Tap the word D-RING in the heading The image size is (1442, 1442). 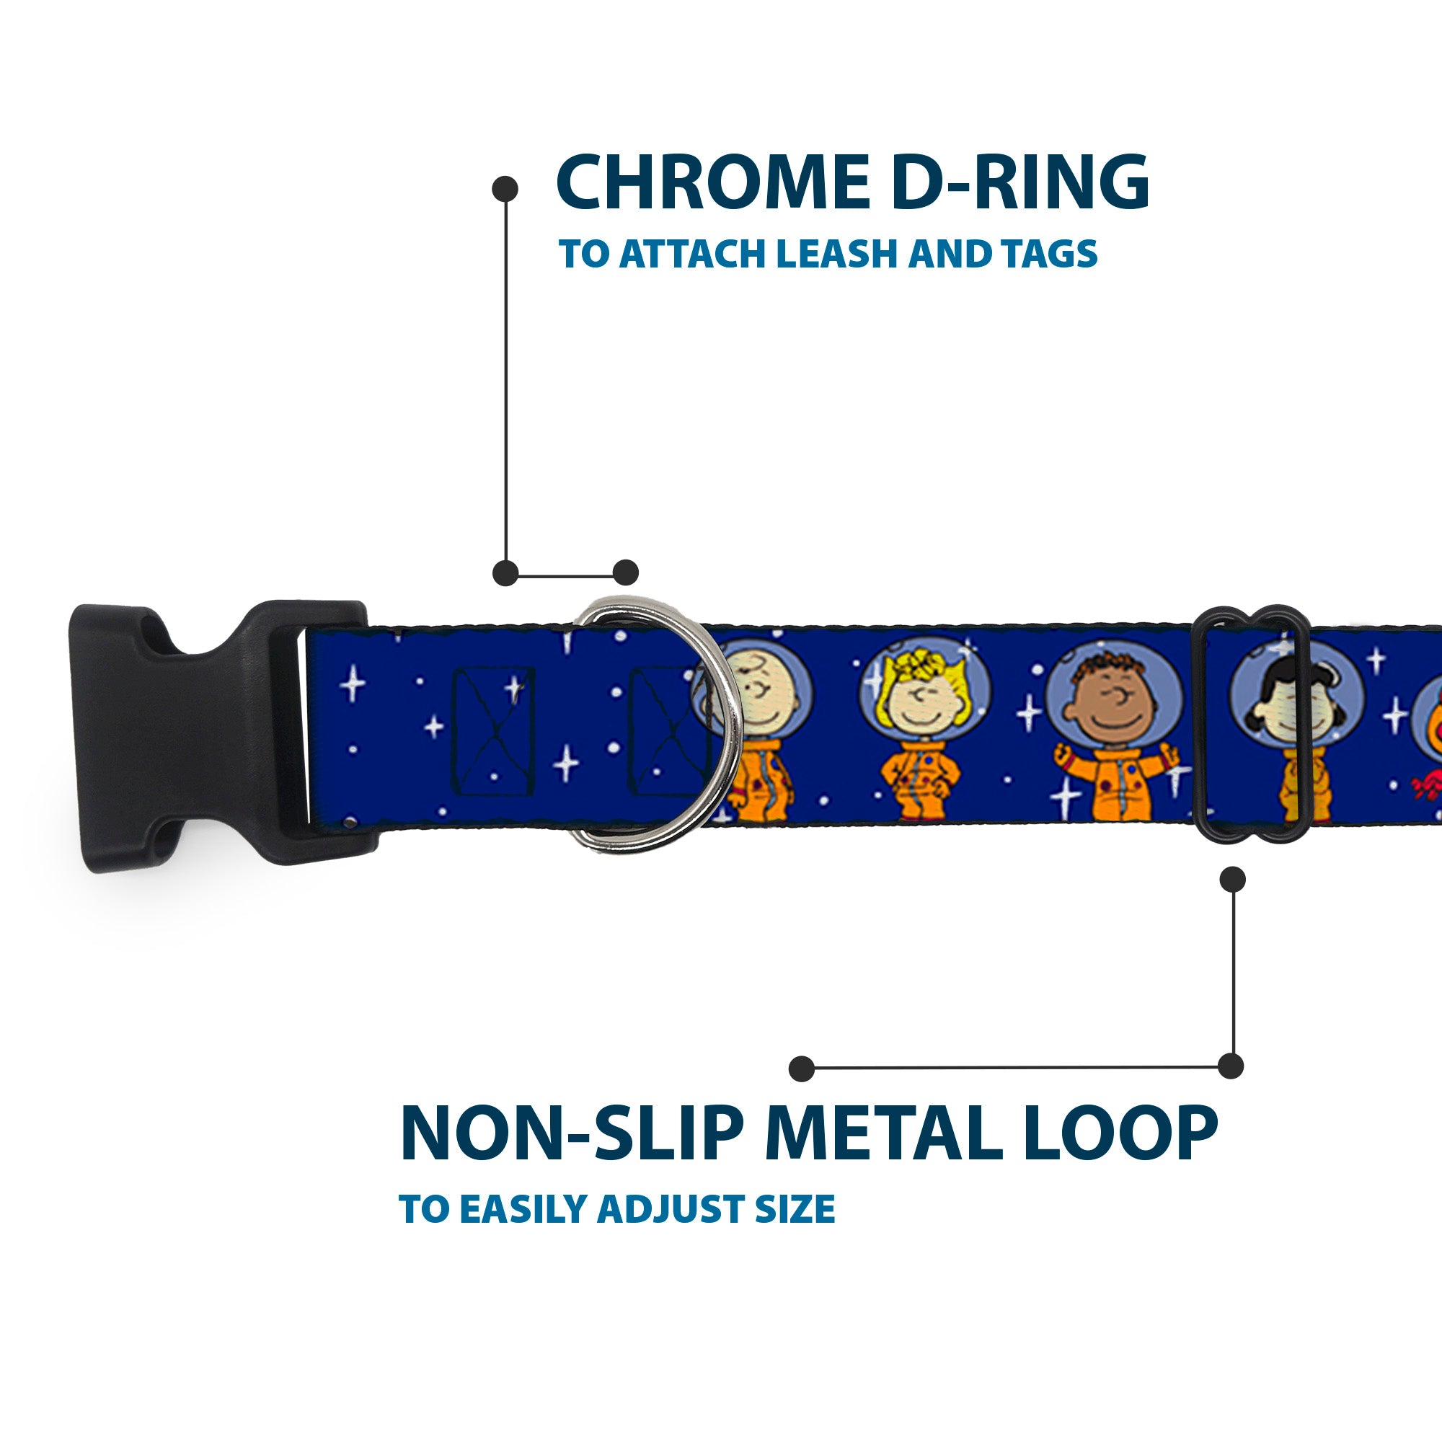tap(1019, 182)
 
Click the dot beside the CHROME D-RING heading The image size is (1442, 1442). tap(505, 189)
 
